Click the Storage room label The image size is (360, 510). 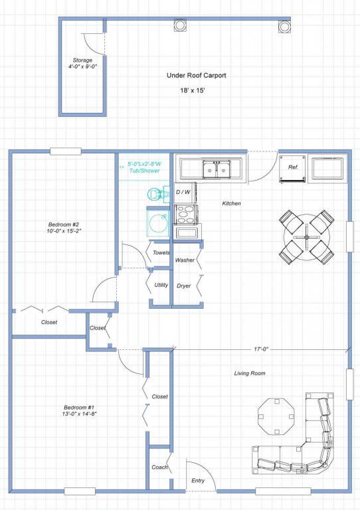point(82,60)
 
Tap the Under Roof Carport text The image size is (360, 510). point(196,76)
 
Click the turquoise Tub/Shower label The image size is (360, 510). point(144,168)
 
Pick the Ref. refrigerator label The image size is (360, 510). point(293,167)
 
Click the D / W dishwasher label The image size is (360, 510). point(183,192)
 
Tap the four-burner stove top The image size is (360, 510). point(185,214)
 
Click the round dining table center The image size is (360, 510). point(306,236)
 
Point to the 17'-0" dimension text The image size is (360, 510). point(260,349)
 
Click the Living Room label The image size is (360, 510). point(249,373)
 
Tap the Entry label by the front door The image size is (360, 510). point(198,481)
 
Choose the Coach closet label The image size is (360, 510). point(159,467)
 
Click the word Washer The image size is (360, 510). point(185,260)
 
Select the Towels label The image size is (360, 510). point(161,253)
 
